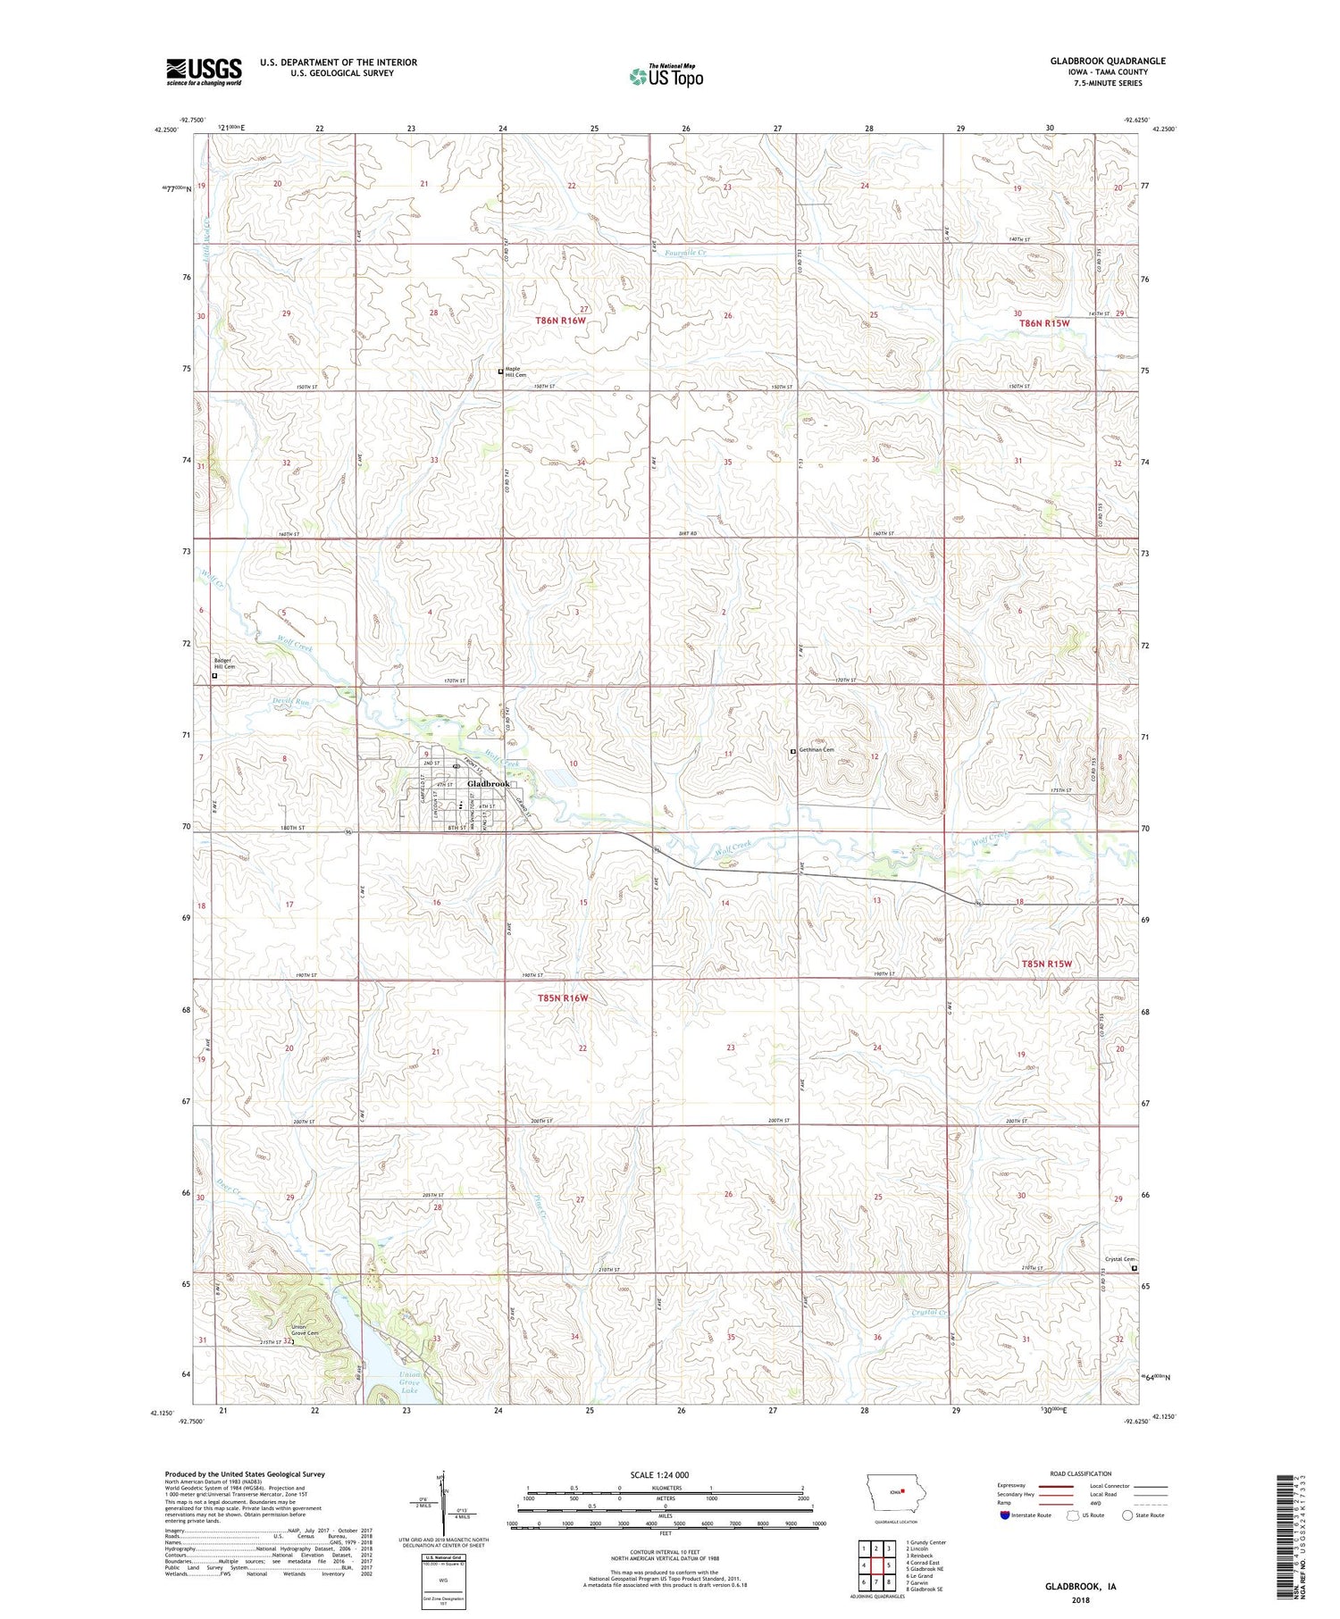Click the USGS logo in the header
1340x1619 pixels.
click(x=204, y=71)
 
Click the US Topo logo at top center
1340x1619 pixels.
click(x=666, y=77)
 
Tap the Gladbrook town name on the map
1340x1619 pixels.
click(x=489, y=783)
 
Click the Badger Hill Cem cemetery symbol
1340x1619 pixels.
click(x=214, y=676)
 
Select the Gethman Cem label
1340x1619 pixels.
click(x=816, y=749)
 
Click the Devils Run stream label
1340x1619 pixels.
click(x=290, y=703)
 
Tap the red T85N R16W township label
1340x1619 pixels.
click(x=563, y=997)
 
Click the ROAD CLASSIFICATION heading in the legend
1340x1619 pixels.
click(x=1081, y=1473)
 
